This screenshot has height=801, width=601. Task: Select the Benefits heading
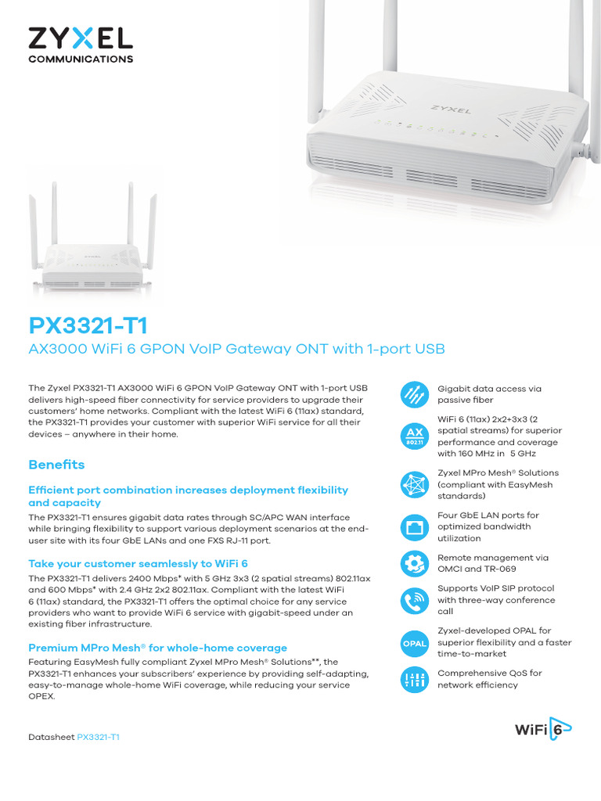(x=56, y=465)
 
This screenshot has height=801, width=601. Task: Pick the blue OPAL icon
(x=414, y=643)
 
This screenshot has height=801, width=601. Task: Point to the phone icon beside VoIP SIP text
(x=414, y=600)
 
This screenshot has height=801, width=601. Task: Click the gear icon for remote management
(x=414, y=563)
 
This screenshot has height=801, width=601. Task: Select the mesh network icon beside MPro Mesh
(x=414, y=485)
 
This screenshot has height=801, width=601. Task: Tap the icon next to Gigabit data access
(x=414, y=395)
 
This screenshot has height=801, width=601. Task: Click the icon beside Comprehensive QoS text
(x=414, y=680)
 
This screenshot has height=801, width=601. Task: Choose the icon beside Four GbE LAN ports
(x=414, y=527)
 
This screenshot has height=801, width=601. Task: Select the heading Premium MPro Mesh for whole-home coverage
(x=157, y=648)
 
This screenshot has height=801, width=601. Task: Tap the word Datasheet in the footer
(x=51, y=737)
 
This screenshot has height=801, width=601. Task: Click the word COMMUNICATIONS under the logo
(x=81, y=59)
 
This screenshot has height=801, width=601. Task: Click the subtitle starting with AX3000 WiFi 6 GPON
(x=236, y=348)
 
